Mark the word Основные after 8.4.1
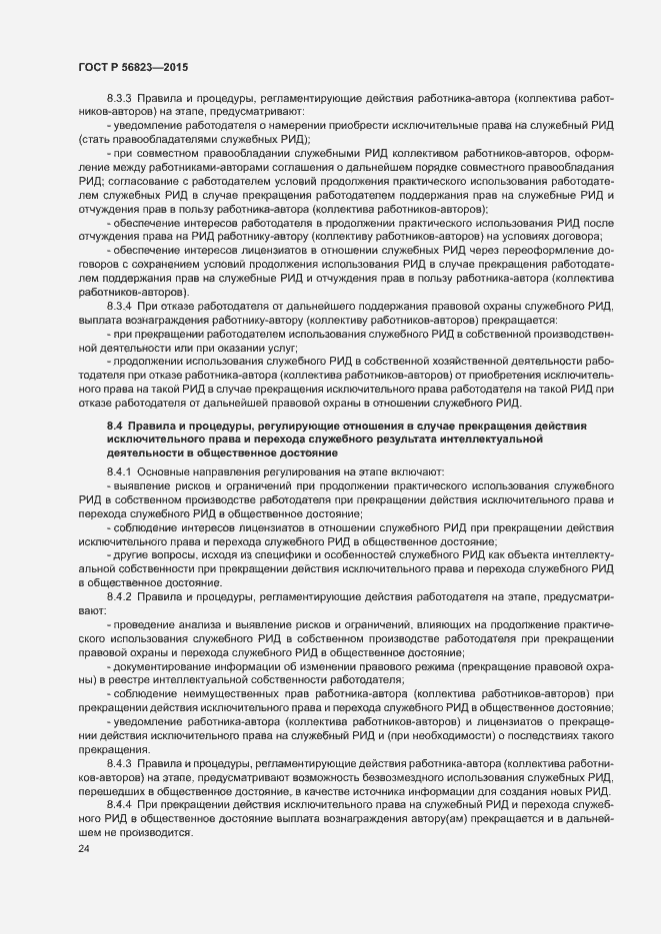click(171, 470)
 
